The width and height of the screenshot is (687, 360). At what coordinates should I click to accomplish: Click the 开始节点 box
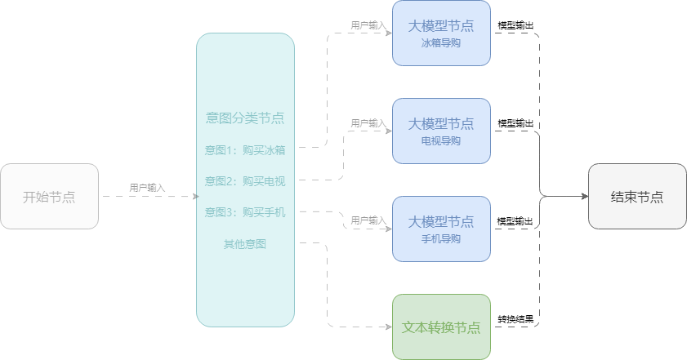pos(49,196)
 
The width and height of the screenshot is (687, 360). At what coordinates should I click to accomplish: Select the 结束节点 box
pos(637,196)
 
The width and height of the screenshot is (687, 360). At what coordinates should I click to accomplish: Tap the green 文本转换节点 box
pos(441,327)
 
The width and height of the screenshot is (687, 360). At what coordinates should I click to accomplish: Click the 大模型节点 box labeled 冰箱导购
pos(441,33)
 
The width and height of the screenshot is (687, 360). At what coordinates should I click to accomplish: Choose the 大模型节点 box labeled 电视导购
pos(441,131)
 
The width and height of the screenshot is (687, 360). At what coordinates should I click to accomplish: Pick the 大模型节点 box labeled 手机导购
pos(441,229)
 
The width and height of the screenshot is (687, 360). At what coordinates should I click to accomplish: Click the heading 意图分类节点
pos(245,118)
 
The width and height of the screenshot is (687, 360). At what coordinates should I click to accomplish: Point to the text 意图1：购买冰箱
pos(245,149)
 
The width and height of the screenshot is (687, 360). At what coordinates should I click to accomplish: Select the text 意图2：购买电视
pos(245,180)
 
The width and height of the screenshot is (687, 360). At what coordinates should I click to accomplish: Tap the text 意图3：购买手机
pos(245,212)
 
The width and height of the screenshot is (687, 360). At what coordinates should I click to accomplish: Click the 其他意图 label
pos(245,243)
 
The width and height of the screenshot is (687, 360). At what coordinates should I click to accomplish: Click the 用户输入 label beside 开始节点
pos(147,188)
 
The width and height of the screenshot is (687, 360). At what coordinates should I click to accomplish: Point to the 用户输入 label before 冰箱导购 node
pos(368,26)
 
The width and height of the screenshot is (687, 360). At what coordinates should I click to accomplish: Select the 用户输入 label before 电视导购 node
pos(368,123)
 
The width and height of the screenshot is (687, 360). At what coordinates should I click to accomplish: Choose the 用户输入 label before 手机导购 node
pos(368,220)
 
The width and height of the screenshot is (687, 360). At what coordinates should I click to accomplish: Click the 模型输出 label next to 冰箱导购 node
pos(515,26)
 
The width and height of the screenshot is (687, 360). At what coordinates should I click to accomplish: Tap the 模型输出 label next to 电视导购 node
pos(515,123)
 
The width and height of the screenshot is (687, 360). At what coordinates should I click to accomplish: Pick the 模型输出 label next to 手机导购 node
pos(515,220)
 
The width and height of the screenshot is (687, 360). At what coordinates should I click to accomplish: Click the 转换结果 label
pos(515,318)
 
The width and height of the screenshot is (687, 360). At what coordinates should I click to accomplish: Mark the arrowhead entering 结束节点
pos(584,196)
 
